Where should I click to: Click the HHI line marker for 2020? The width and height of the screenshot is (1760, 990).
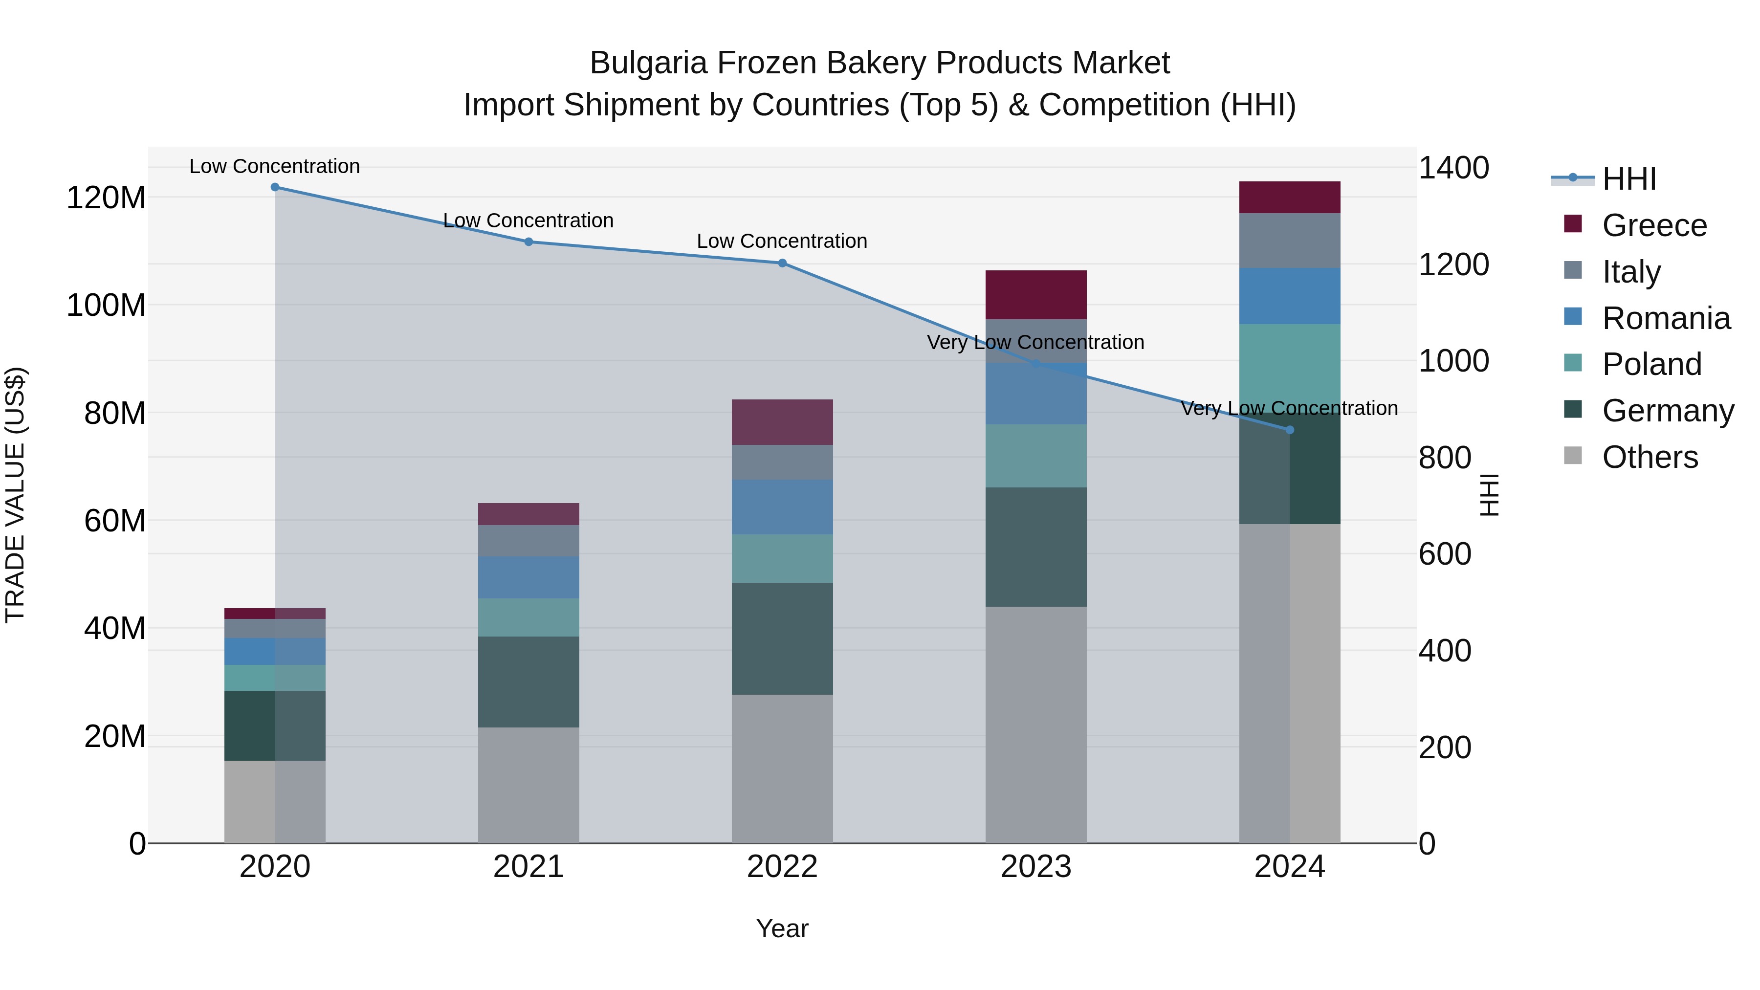275,187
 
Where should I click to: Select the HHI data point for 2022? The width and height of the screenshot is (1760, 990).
782,263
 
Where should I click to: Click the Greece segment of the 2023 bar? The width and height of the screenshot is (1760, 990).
1036,294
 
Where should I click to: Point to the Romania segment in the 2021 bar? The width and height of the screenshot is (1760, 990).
528,577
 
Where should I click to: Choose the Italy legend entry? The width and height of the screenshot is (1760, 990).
1631,272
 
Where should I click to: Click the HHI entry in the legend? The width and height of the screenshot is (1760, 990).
1629,179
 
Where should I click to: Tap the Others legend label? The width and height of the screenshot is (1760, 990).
1650,457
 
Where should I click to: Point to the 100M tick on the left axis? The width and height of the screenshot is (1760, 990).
106,306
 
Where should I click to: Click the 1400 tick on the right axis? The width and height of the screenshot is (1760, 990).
1453,168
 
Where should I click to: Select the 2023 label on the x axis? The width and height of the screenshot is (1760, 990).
1036,867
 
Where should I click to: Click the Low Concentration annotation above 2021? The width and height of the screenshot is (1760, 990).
528,220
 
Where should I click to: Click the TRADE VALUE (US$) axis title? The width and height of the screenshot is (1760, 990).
15,495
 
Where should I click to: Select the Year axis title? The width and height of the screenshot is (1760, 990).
782,928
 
